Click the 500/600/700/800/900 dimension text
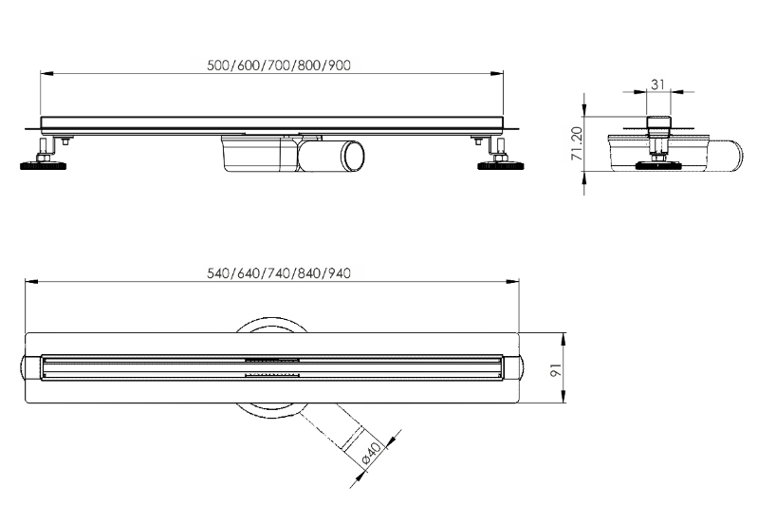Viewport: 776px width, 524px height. [279, 65]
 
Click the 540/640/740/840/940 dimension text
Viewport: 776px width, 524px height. [279, 272]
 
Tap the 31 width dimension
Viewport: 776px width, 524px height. [657, 84]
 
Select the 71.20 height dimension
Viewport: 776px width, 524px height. [577, 143]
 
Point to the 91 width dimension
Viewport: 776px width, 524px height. [556, 369]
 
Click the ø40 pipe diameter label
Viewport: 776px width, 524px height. [372, 453]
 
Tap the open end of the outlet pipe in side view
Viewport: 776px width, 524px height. [352, 157]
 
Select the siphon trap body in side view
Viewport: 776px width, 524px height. [260, 154]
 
